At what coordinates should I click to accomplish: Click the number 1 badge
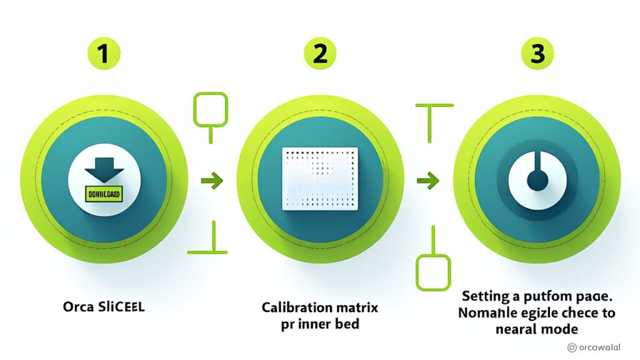[102, 55]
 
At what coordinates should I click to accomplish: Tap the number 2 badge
[319, 55]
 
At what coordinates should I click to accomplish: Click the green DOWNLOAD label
[103, 194]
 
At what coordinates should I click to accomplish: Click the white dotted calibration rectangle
[320, 178]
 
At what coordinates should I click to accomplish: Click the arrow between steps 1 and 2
[212, 182]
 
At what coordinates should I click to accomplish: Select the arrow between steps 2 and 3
[427, 182]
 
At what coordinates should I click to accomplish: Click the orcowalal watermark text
[606, 347]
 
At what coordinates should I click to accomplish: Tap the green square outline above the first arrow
[211, 109]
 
